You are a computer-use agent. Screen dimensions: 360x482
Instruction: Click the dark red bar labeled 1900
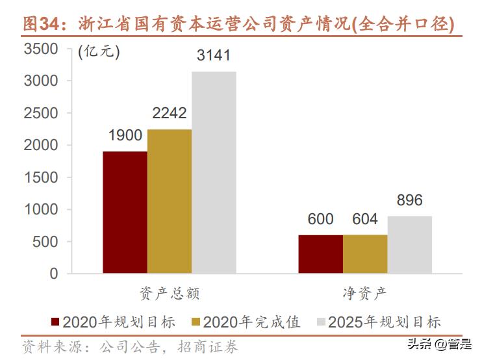pos(125,212)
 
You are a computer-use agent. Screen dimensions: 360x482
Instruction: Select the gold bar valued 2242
pos(169,201)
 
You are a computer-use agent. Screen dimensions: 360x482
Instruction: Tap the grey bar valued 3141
pos(214,173)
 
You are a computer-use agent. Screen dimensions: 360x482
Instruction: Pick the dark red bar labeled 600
pos(320,254)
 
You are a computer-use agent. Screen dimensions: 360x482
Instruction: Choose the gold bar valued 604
pos(365,254)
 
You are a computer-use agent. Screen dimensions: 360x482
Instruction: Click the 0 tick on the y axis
pos(53,274)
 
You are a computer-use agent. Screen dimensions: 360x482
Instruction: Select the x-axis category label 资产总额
pos(169,293)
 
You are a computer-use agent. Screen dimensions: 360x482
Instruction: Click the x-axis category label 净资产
pos(365,293)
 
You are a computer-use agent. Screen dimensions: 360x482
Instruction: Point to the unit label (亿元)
pos(99,53)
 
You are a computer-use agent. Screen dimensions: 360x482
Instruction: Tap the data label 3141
pos(214,56)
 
